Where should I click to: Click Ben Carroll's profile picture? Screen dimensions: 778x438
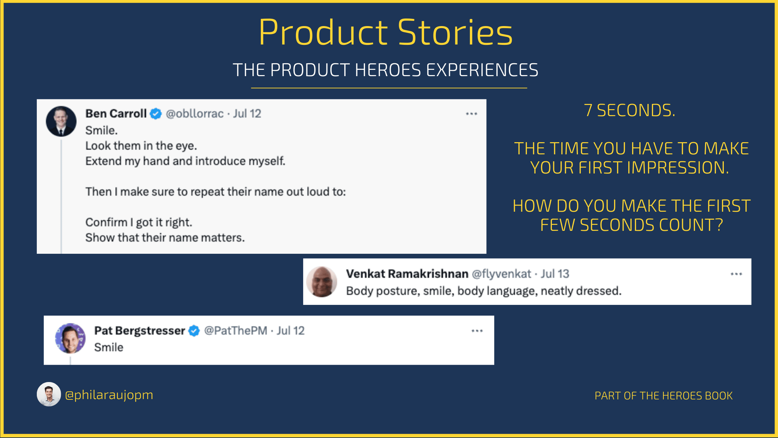pos(61,121)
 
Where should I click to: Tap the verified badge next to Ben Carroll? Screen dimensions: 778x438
pos(156,114)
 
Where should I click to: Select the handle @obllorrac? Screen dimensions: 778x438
pos(194,114)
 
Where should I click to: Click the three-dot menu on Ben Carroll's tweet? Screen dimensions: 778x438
pos(471,114)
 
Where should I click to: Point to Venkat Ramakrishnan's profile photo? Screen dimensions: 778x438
pos(322,282)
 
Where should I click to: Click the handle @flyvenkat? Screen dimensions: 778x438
pos(501,274)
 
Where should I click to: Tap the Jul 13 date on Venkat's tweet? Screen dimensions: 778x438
pos(555,274)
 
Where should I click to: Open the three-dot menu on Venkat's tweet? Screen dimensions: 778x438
pos(736,274)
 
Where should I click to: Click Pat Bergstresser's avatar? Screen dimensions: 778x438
pos(70,338)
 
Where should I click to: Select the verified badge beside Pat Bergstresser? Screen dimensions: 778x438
pos(194,331)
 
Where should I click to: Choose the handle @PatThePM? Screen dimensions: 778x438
pos(235,331)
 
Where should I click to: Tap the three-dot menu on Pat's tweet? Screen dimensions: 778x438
pos(477,331)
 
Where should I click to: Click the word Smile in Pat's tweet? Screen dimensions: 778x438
pos(109,347)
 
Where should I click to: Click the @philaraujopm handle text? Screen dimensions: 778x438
pos(109,395)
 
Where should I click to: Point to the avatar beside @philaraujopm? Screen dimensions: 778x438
pos(49,394)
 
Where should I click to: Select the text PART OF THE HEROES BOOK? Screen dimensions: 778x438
pos(663,396)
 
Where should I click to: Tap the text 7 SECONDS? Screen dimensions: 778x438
pos(629,111)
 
